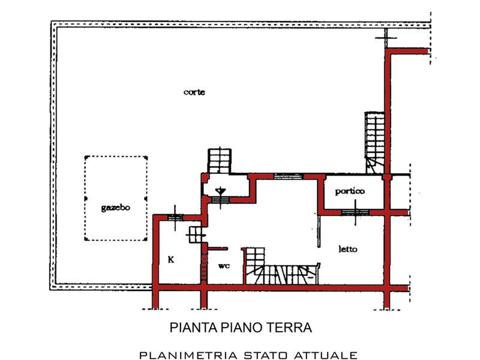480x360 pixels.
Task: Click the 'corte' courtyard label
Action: pyautogui.click(x=194, y=92)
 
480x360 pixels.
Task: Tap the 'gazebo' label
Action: pyautogui.click(x=115, y=208)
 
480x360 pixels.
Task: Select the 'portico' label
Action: pyautogui.click(x=350, y=191)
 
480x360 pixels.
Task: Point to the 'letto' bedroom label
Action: pyautogui.click(x=348, y=249)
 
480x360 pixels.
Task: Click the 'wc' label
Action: pyautogui.click(x=224, y=266)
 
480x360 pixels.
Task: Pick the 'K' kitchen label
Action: pyautogui.click(x=171, y=260)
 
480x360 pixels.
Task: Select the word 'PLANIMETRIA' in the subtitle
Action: pyautogui.click(x=188, y=355)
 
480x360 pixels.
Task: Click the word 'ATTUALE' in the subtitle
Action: pyautogui.click(x=325, y=355)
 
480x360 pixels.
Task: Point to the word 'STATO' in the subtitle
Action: pyautogui.click(x=265, y=355)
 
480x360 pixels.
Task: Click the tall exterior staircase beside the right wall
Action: pyautogui.click(x=374, y=143)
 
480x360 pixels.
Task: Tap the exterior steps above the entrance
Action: pyautogui.click(x=220, y=161)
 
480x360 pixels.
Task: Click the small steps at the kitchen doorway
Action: pyautogui.click(x=196, y=235)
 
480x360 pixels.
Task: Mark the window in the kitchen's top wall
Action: pyautogui.click(x=175, y=218)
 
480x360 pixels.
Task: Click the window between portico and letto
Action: pyautogui.click(x=355, y=212)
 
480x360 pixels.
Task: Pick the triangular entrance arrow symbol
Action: pyautogui.click(x=220, y=191)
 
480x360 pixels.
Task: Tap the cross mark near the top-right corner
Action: pyautogui.click(x=386, y=38)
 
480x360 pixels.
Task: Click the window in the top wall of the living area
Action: pyautogui.click(x=288, y=176)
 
